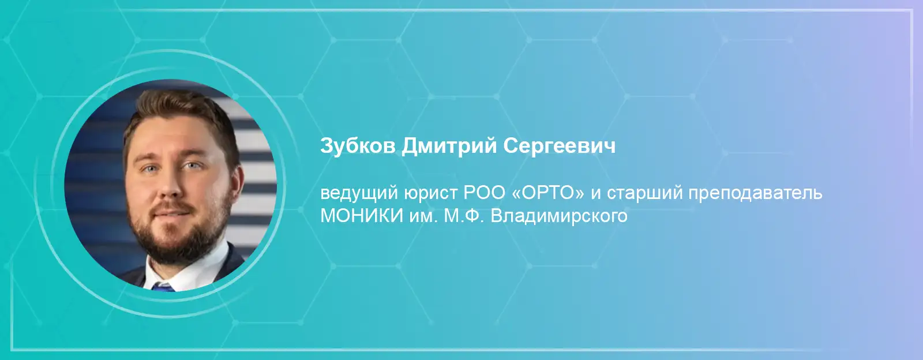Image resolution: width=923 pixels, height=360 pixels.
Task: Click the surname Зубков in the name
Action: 358,146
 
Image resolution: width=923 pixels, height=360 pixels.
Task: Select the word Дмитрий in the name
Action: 449,147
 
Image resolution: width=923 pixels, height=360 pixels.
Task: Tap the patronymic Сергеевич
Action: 560,146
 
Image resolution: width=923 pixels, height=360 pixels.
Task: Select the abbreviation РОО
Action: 485,193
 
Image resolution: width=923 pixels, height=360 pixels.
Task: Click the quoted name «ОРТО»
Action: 548,193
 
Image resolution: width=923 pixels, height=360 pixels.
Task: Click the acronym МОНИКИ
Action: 362,216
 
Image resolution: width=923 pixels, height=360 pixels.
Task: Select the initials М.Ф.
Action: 464,216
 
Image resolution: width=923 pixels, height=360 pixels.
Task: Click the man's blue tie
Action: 163,287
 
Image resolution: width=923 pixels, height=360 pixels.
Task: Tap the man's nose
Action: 170,185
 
